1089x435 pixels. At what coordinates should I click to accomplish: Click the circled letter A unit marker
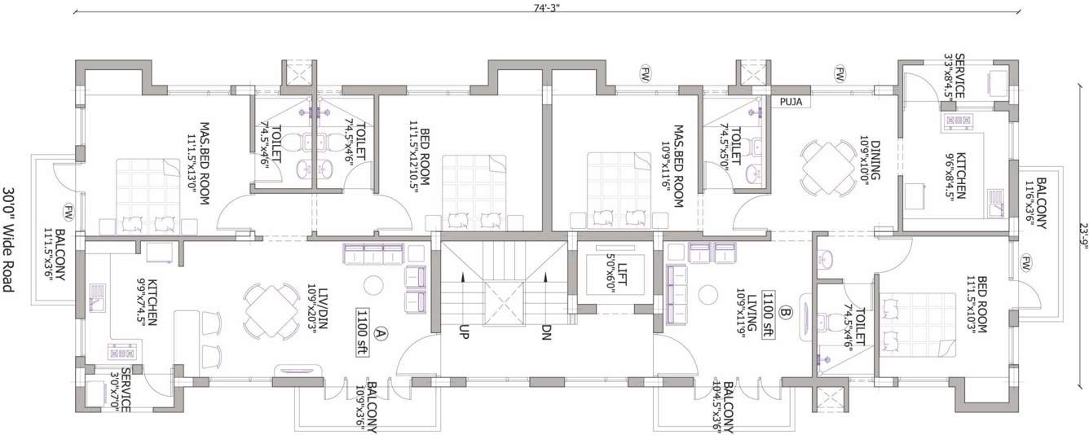380,332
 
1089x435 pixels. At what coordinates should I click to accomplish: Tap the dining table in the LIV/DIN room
270,311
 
